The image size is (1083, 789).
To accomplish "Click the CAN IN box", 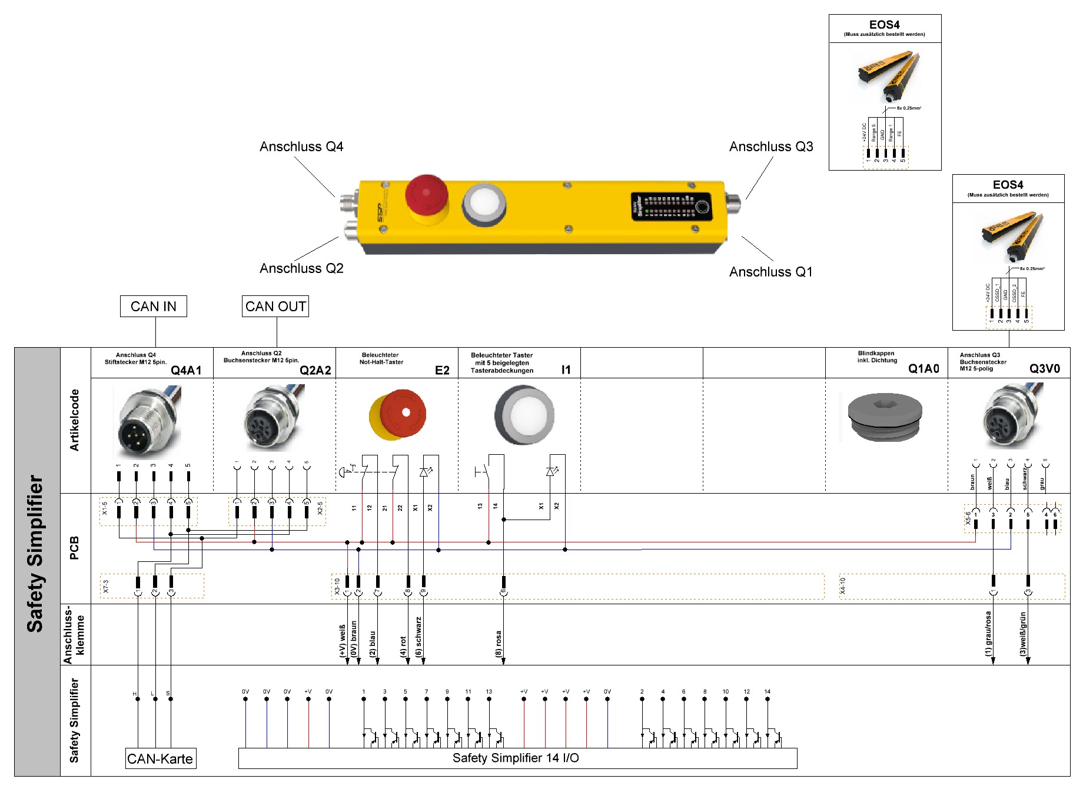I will (x=153, y=307).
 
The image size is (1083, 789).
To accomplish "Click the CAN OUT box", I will (x=275, y=307).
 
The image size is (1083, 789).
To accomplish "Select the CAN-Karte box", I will (x=160, y=759).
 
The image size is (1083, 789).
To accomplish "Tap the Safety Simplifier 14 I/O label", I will (x=516, y=758).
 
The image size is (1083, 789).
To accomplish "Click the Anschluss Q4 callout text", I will (x=301, y=147).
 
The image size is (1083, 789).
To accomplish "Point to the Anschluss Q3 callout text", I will (x=771, y=147).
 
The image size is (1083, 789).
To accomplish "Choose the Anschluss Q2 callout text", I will (x=301, y=268).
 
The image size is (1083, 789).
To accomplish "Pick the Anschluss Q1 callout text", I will (x=771, y=272).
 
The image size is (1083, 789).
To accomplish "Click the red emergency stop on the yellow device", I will (x=426, y=196).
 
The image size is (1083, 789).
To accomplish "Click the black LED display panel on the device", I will (x=671, y=207).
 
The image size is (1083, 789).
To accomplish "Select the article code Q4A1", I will (x=186, y=370).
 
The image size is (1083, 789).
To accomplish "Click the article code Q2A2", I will (x=315, y=370).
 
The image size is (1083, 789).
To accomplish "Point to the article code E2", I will (x=442, y=370).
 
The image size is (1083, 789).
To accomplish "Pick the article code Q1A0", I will (x=923, y=369).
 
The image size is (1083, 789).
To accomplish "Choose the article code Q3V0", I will (x=1045, y=369).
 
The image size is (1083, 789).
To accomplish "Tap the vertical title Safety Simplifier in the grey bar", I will (x=35, y=553).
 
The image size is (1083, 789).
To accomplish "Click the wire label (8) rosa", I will (x=499, y=644).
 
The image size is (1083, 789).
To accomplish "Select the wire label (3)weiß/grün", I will (x=1023, y=634).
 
